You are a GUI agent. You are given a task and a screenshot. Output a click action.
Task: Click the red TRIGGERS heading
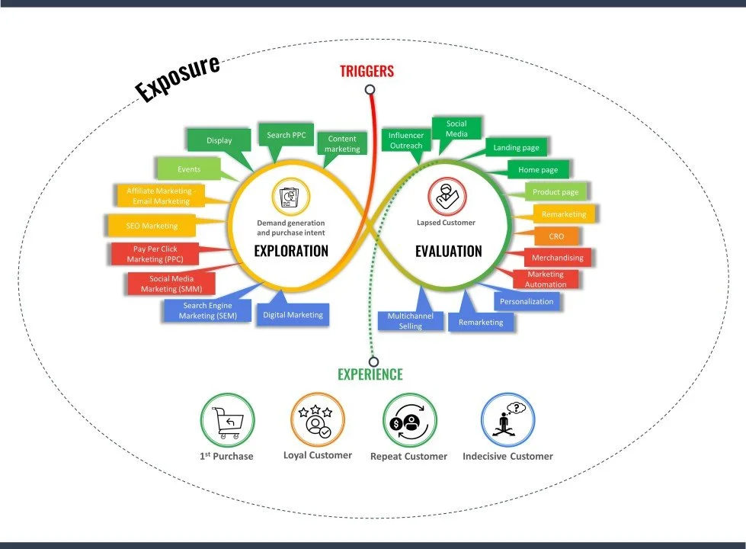click(x=367, y=72)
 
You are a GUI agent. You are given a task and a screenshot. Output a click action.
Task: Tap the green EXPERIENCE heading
click(x=370, y=374)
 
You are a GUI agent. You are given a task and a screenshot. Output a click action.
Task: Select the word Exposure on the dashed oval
click(x=178, y=77)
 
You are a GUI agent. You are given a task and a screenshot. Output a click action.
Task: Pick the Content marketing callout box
click(x=342, y=143)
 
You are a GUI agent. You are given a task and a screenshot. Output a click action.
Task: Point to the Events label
click(x=189, y=169)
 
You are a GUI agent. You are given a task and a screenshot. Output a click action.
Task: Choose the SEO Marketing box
click(x=152, y=226)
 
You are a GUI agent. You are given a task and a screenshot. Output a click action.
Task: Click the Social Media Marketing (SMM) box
click(x=171, y=283)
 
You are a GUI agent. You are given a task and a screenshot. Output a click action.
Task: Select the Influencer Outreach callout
click(x=405, y=140)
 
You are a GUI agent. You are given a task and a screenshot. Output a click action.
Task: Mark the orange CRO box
click(x=556, y=236)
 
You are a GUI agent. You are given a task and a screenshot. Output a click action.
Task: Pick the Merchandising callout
click(x=557, y=258)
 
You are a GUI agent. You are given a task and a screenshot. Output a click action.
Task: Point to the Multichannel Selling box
click(x=410, y=320)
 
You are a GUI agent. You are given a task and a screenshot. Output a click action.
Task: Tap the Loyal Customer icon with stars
click(x=317, y=419)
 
